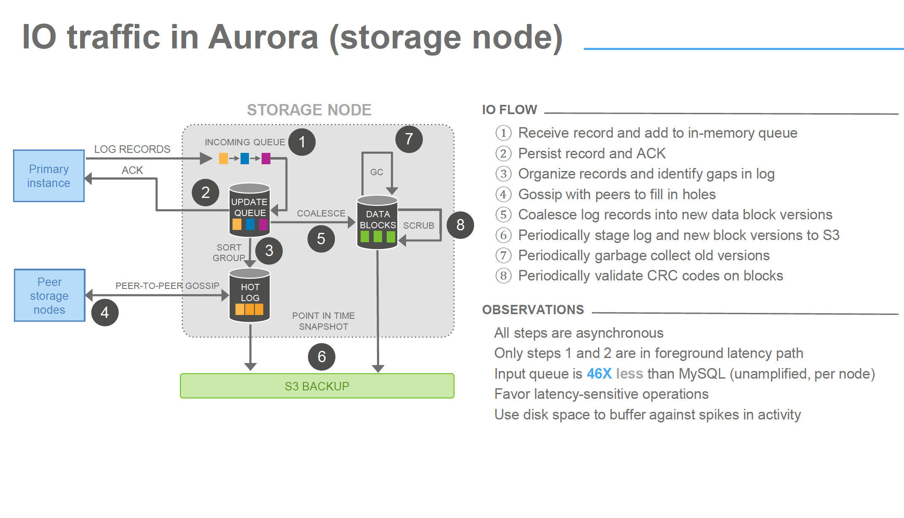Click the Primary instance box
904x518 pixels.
pyautogui.click(x=49, y=176)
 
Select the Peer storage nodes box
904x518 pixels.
pyautogui.click(x=50, y=296)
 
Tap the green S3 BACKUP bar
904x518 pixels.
pyautogui.click(x=317, y=386)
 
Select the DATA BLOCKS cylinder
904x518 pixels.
pyautogui.click(x=377, y=222)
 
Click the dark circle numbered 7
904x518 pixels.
pyautogui.click(x=409, y=139)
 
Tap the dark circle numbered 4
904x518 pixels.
pyautogui.click(x=104, y=312)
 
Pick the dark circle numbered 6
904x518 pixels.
pyautogui.click(x=321, y=357)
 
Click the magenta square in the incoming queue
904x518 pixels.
pyautogui.click(x=266, y=159)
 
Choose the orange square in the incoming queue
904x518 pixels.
pyautogui.click(x=223, y=159)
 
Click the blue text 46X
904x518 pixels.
pyautogui.click(x=599, y=374)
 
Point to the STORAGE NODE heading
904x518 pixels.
pyautogui.click(x=309, y=110)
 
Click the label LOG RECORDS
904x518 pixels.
pyautogui.click(x=132, y=149)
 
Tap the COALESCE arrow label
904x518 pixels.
pyautogui.click(x=321, y=213)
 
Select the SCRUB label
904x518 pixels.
pyautogui.click(x=418, y=225)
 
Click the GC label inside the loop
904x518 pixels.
pyautogui.click(x=377, y=172)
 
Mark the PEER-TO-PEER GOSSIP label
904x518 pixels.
pyautogui.click(x=167, y=286)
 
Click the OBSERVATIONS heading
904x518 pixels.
pyautogui.click(x=533, y=310)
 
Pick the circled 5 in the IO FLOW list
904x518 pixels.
pyautogui.click(x=503, y=214)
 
